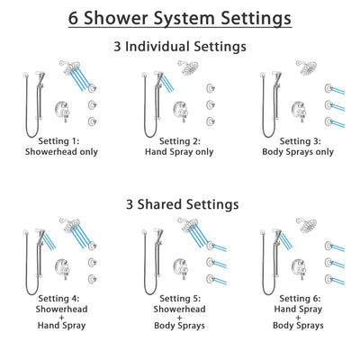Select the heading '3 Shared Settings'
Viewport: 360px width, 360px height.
pos(180,204)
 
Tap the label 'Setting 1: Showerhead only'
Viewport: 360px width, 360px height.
pos(60,148)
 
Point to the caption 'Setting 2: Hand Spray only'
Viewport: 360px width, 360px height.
pos(179,148)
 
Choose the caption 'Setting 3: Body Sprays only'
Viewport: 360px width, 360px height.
pos(300,148)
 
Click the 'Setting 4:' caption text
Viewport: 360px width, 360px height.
pos(60,298)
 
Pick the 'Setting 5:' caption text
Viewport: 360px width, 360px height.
pos(179,298)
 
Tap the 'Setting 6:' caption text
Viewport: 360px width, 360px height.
pos(300,298)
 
